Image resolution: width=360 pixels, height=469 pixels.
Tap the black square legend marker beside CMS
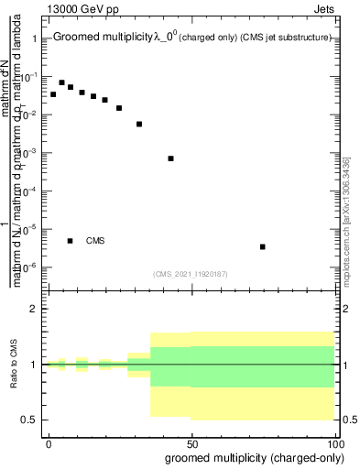pyautogui.click(x=71, y=241)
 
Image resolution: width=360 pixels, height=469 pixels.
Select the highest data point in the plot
pyautogui.click(x=61, y=82)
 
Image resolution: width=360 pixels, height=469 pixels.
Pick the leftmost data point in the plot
pyautogui.click(x=53, y=94)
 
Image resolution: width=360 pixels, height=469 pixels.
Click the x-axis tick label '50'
pyautogui.click(x=192, y=442)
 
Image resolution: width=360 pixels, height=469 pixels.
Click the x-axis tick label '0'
pyautogui.click(x=49, y=442)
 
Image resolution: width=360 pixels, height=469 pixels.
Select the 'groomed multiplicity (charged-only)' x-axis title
pyautogui.click(x=250, y=457)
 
